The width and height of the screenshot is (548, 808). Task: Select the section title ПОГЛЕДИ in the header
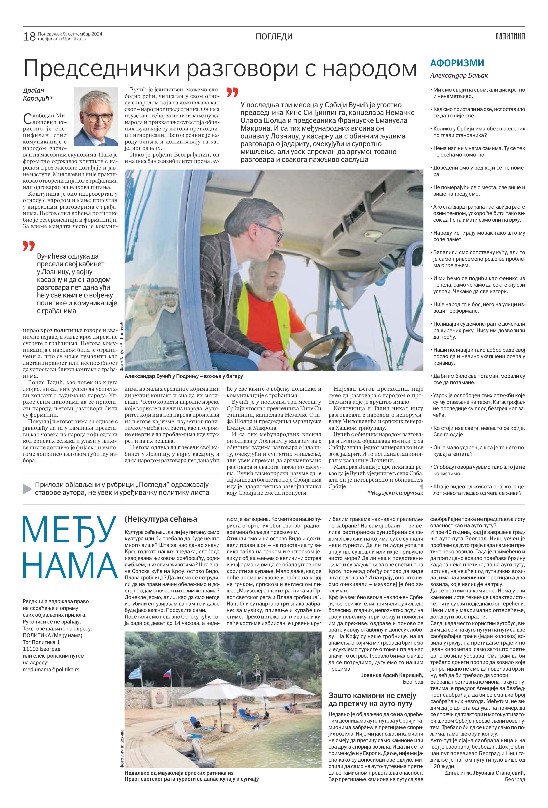click(x=274, y=37)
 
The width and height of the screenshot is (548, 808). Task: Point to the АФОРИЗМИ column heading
click(x=457, y=63)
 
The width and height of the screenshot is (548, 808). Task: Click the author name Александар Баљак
click(x=459, y=75)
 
